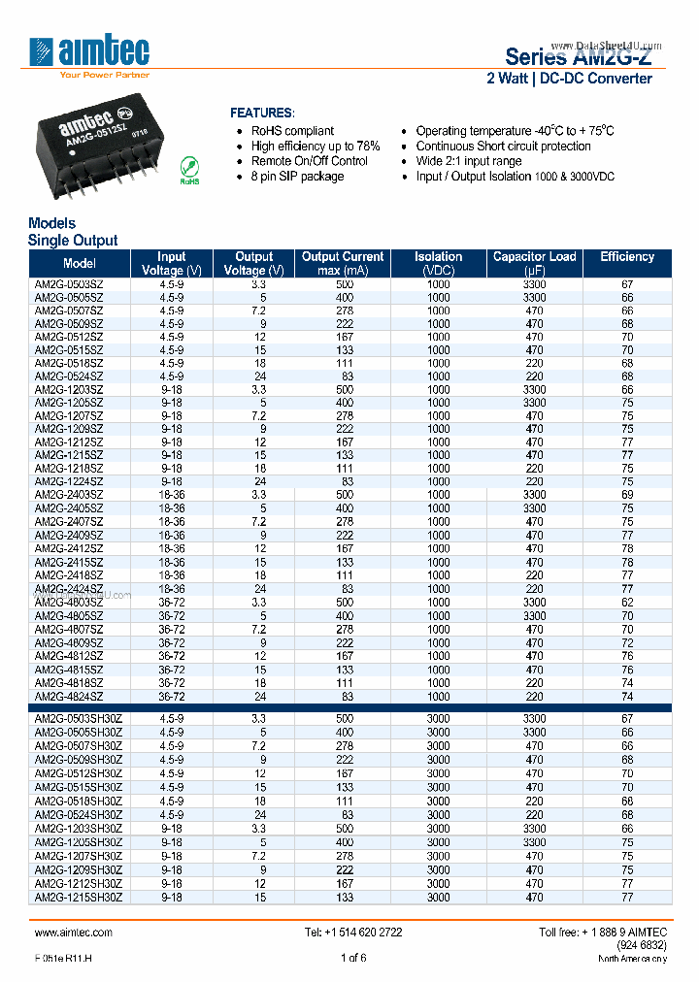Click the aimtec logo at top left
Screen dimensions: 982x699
(x=89, y=52)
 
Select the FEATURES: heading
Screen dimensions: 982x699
(x=261, y=113)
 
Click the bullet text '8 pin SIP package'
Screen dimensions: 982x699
(x=297, y=177)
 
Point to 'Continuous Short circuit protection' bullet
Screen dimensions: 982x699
(x=503, y=146)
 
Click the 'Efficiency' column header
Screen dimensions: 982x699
(x=627, y=257)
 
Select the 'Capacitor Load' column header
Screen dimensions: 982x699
(x=534, y=263)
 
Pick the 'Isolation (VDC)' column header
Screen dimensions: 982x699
(x=439, y=263)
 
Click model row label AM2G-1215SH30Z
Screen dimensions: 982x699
(x=79, y=898)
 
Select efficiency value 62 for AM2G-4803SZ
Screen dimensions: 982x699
(x=627, y=602)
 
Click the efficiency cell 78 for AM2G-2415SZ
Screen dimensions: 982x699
(x=627, y=562)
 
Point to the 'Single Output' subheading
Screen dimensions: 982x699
(x=73, y=240)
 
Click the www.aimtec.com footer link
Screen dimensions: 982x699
(x=73, y=932)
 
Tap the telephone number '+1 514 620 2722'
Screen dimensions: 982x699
(x=353, y=932)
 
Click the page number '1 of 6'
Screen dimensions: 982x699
(x=353, y=958)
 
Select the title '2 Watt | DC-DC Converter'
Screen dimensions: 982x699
(x=569, y=78)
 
